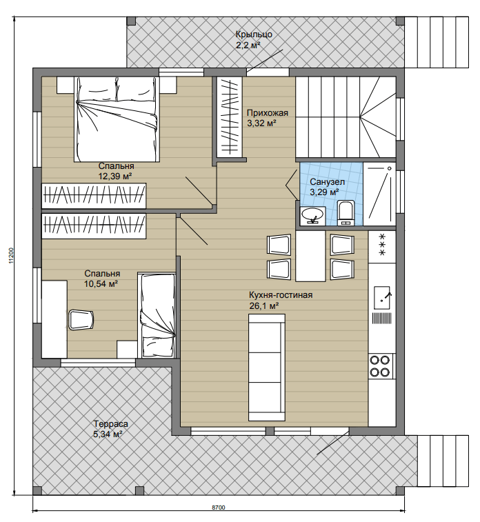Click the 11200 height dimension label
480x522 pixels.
(12, 256)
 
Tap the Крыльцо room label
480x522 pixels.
(254, 34)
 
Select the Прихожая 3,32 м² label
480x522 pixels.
(268, 118)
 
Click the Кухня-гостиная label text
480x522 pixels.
(281, 295)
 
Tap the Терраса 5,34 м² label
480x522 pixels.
(111, 429)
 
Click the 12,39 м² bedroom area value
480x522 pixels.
(115, 176)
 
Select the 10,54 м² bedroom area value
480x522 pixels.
(101, 283)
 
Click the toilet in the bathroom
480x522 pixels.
(346, 212)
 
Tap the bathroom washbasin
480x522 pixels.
(312, 215)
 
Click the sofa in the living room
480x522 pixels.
(267, 368)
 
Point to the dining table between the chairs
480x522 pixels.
(310, 257)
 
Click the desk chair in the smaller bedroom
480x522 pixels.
(81, 319)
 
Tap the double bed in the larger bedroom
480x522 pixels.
(116, 119)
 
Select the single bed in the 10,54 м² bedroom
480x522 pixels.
(157, 315)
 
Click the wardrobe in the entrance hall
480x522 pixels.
(230, 117)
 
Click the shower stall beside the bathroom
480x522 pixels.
(379, 194)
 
